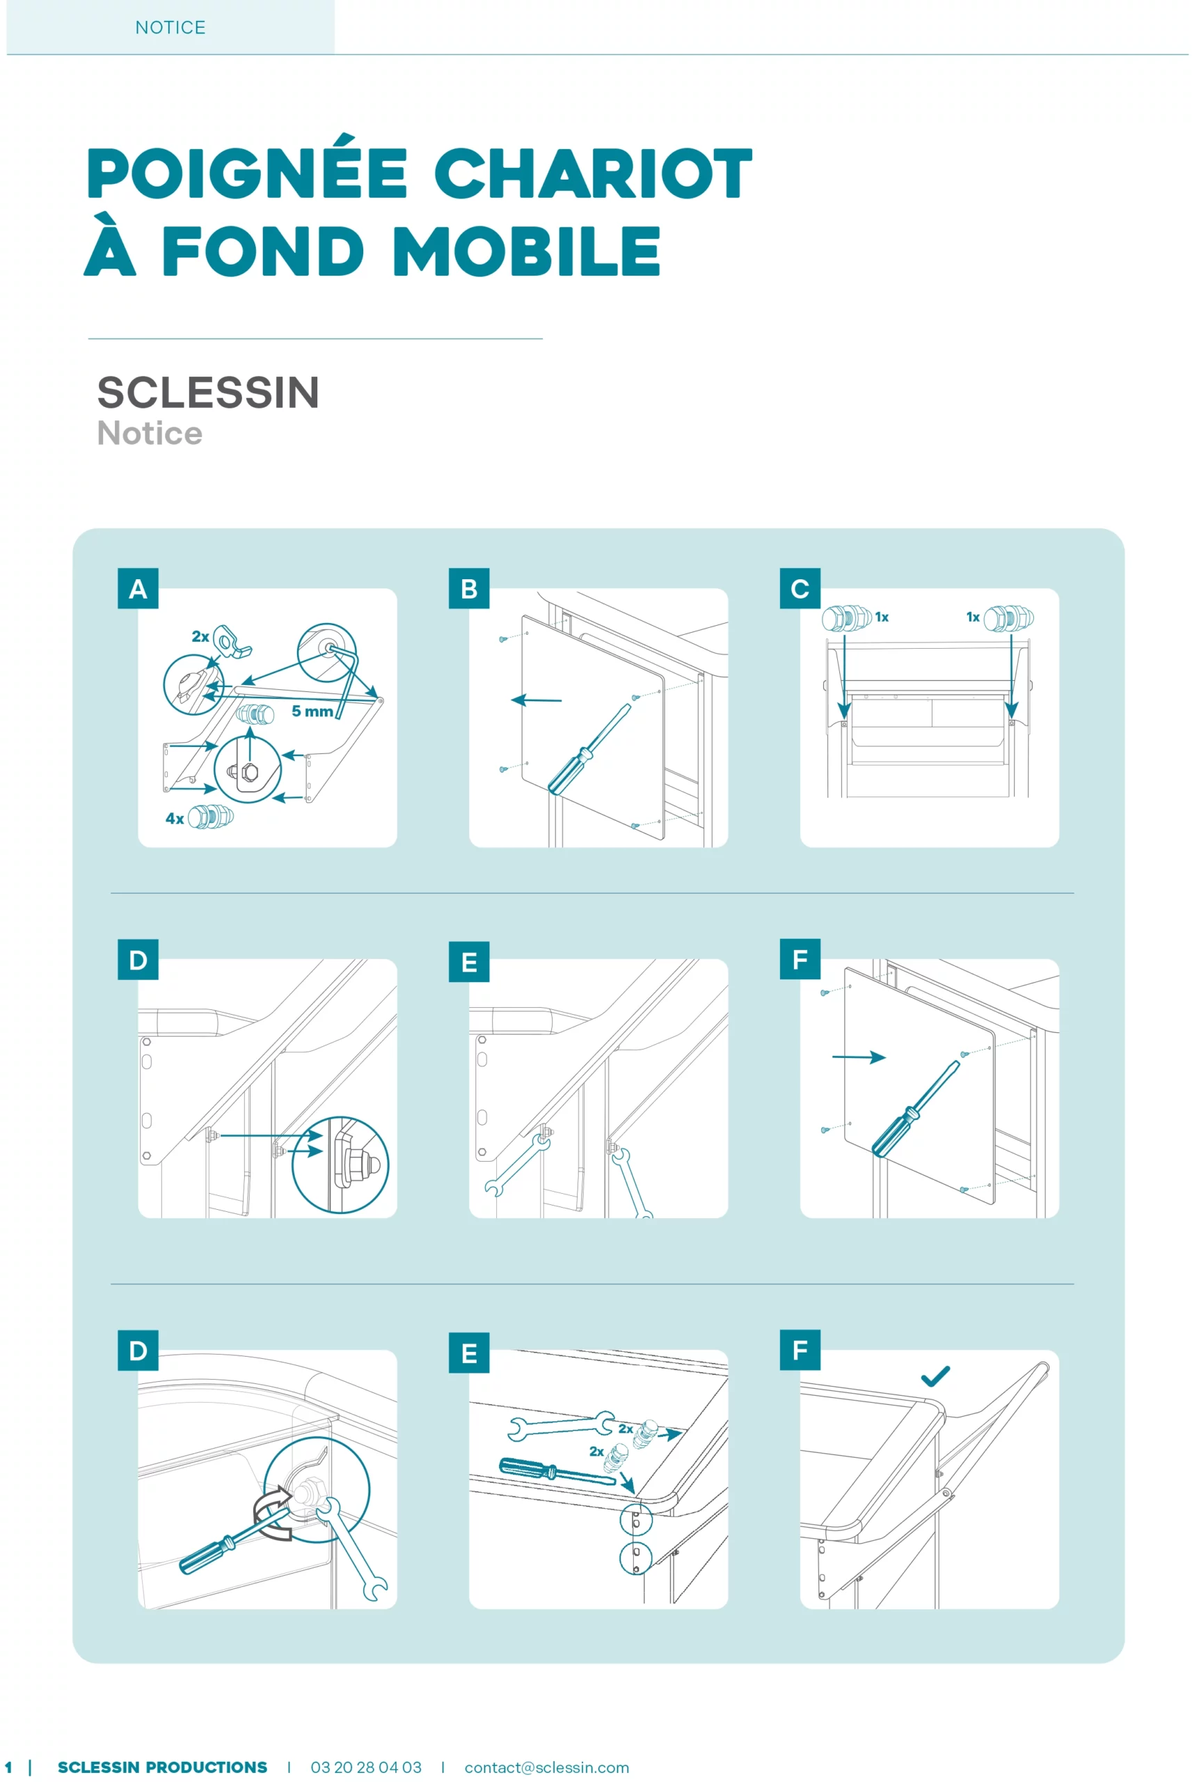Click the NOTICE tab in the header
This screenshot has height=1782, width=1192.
coord(170,27)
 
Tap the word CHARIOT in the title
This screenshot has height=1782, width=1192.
coord(593,173)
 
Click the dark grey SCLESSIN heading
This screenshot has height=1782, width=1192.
coord(208,393)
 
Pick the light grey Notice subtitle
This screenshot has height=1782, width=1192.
coord(150,434)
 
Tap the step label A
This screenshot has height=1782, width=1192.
coord(138,588)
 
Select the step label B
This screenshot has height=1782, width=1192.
coord(469,588)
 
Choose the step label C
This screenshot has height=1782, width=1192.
coord(800,588)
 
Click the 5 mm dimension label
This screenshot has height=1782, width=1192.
coord(312,711)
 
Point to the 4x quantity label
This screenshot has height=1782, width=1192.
coord(175,818)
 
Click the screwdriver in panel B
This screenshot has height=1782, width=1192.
coord(589,750)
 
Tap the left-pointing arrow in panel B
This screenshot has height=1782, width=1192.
coord(536,700)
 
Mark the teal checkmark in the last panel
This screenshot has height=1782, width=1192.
coord(935,1376)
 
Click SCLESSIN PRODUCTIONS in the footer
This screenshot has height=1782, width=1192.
coord(163,1767)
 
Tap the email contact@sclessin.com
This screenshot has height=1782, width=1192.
coord(546,1767)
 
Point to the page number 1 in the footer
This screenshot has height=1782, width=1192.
coord(8,1767)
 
